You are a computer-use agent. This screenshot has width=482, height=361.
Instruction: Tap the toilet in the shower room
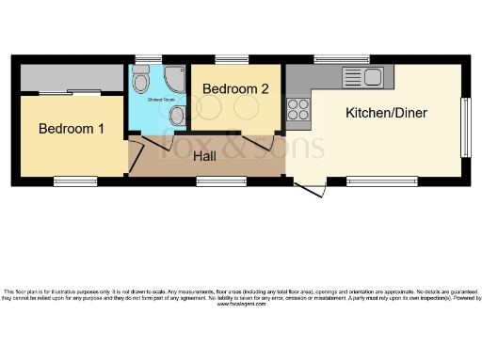pyautogui.click(x=142, y=83)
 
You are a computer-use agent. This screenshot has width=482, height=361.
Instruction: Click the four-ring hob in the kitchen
pyautogui.click(x=298, y=109)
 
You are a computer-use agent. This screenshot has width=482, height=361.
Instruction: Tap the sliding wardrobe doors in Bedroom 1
pyautogui.click(x=71, y=92)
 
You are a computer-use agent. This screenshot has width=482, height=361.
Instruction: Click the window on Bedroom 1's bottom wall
pyautogui.click(x=74, y=179)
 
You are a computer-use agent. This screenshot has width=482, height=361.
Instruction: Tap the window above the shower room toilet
pyautogui.click(x=142, y=59)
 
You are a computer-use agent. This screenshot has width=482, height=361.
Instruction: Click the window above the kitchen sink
pyautogui.click(x=342, y=59)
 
